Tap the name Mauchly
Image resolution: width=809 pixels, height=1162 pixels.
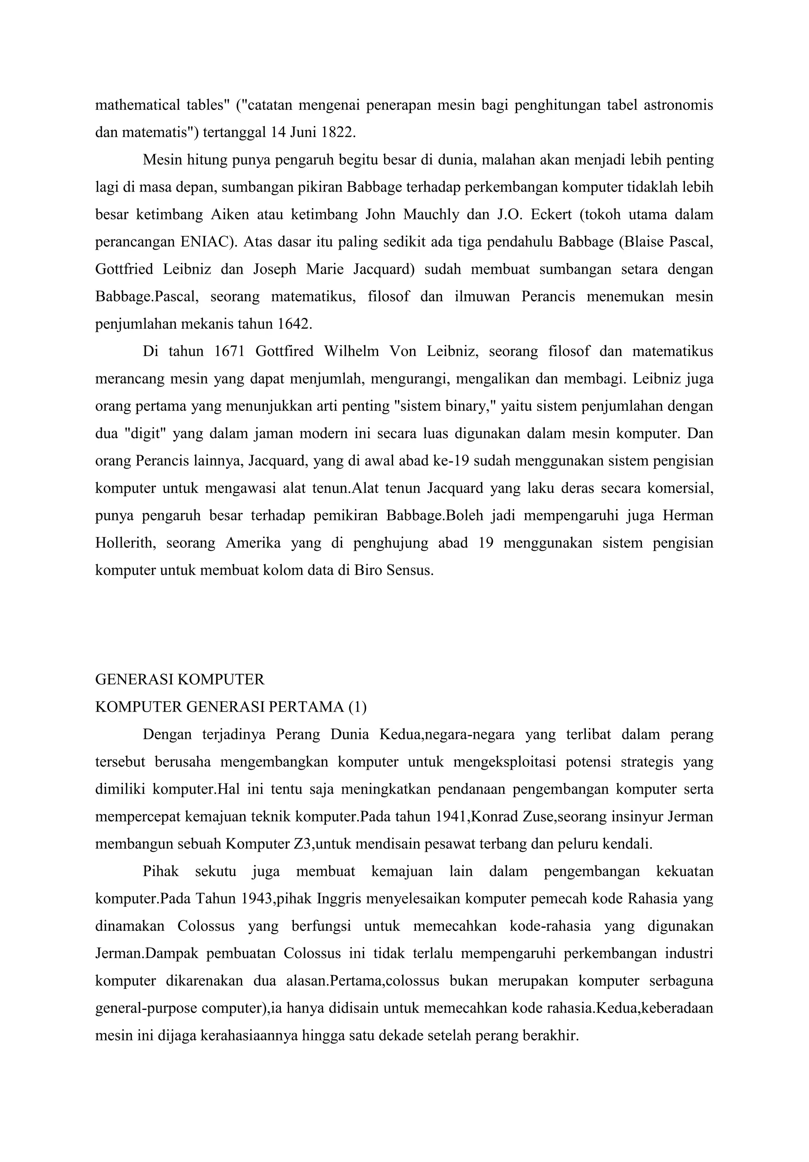click(431, 215)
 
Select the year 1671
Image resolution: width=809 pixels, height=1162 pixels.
click(229, 351)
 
